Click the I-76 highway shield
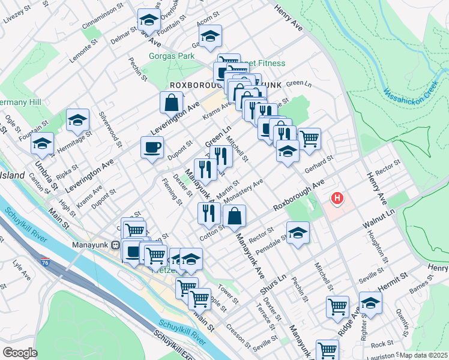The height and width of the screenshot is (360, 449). click(x=46, y=262)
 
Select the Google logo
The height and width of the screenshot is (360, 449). click(x=20, y=352)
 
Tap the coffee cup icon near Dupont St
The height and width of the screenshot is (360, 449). click(x=152, y=146)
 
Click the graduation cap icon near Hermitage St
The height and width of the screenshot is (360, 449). click(x=77, y=120)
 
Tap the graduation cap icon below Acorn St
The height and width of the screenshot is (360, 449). click(x=210, y=36)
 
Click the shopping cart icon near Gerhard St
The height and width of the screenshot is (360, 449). click(x=309, y=139)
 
